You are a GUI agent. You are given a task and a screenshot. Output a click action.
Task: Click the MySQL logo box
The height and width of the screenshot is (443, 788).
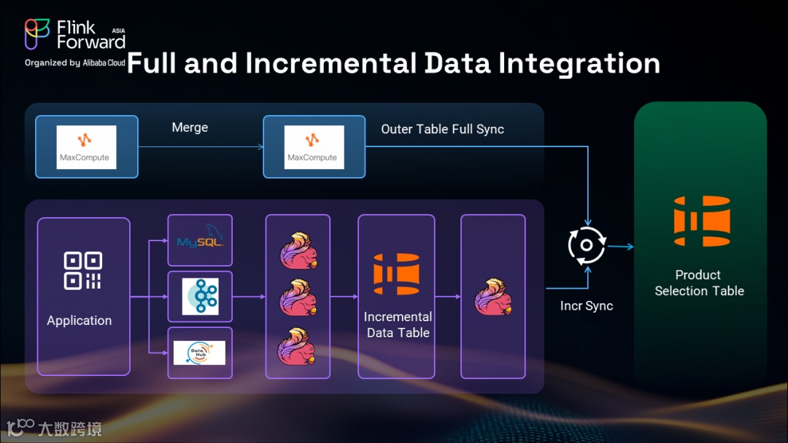click(x=200, y=240)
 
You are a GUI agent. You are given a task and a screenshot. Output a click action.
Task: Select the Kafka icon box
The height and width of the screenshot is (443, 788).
click(x=200, y=297)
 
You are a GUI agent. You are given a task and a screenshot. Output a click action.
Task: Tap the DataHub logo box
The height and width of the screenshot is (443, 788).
click(x=200, y=353)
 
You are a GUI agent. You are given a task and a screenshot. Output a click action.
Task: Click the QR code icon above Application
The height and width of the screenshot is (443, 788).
click(x=83, y=270)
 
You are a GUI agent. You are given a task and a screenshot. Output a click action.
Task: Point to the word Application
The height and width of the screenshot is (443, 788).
click(x=80, y=321)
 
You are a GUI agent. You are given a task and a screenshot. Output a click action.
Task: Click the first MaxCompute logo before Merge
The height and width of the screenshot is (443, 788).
click(x=86, y=147)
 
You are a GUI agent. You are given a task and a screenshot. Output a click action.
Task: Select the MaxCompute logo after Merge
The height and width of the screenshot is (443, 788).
click(x=312, y=147)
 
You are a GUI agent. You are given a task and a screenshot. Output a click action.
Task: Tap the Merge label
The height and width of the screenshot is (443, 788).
click(x=190, y=128)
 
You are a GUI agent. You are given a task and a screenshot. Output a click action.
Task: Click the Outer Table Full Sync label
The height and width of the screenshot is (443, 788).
click(x=442, y=129)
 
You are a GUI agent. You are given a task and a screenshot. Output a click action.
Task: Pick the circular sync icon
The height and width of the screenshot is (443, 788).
click(x=587, y=245)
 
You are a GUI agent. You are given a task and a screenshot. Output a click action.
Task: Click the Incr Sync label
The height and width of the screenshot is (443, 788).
click(x=587, y=306)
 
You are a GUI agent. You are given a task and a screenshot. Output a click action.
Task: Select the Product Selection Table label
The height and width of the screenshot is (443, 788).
click(x=699, y=283)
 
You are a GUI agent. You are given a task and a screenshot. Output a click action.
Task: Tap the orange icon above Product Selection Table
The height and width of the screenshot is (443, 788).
click(x=701, y=221)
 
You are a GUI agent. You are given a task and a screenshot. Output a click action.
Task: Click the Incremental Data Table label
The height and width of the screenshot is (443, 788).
click(x=398, y=325)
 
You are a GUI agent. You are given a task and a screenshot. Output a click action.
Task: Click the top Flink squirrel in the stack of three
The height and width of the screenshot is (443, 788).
click(x=298, y=250)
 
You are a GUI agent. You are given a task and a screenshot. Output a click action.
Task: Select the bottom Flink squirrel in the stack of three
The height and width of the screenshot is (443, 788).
click(x=298, y=347)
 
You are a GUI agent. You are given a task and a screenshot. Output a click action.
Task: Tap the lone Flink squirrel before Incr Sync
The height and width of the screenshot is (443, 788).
click(x=493, y=297)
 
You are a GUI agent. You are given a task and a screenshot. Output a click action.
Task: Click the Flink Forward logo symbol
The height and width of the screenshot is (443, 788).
click(x=37, y=34)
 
